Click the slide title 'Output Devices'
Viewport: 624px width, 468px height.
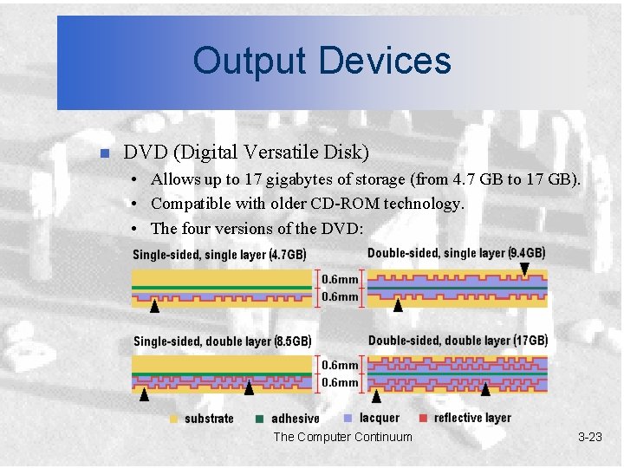[x=322, y=61]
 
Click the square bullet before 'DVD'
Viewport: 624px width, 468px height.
[x=102, y=154]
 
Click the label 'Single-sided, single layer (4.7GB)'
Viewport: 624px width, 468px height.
[x=218, y=255]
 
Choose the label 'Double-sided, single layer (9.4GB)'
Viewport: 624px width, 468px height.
[x=456, y=253]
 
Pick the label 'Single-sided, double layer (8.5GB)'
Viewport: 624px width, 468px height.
[x=222, y=341]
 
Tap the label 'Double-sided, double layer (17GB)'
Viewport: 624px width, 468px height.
[x=458, y=341]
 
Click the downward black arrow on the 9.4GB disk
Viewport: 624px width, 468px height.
[x=524, y=270]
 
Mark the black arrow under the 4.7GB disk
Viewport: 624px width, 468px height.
[x=154, y=305]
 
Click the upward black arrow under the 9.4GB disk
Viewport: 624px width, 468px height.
[x=398, y=305]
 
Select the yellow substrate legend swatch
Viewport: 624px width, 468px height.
[x=173, y=419]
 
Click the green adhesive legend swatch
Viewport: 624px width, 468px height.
[x=259, y=419]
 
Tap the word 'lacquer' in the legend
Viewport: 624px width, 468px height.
[x=380, y=418]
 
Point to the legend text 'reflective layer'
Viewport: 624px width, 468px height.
[x=472, y=418]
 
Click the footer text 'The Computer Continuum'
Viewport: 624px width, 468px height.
[x=342, y=437]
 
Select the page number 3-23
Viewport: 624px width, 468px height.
[x=589, y=437]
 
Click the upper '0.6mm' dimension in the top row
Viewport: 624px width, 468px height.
[x=340, y=279]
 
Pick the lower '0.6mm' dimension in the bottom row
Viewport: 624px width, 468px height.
[x=340, y=382]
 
